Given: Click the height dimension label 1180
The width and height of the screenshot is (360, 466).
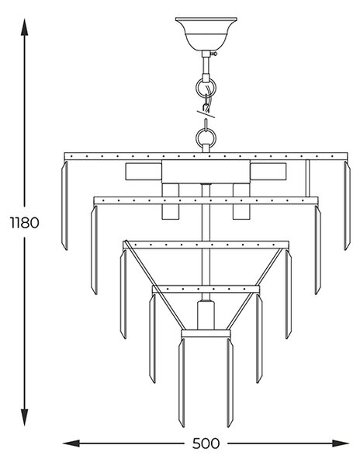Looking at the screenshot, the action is click(x=24, y=223).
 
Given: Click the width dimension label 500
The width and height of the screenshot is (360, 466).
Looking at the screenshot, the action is click(x=206, y=443).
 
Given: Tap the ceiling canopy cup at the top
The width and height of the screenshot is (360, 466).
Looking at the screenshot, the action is click(x=206, y=34).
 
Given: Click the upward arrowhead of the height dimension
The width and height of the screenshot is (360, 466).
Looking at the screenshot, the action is click(x=24, y=27).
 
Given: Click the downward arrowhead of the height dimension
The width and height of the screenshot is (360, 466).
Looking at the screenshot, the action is click(x=24, y=417).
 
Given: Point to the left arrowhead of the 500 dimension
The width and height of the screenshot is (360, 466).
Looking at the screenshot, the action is click(x=71, y=443).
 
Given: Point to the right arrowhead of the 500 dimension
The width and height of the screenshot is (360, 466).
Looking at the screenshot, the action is click(x=341, y=443).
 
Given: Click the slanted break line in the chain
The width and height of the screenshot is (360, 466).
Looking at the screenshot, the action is click(x=206, y=114).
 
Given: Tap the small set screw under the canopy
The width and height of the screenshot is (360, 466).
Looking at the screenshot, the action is click(x=214, y=54).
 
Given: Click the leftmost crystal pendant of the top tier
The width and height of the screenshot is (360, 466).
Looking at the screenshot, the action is click(x=64, y=206).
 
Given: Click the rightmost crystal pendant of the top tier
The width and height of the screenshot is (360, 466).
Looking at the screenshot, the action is click(x=348, y=206).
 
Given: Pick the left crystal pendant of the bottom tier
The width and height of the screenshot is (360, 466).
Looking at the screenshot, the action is click(x=182, y=383).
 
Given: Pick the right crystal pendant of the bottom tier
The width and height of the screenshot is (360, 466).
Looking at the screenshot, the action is click(x=230, y=383).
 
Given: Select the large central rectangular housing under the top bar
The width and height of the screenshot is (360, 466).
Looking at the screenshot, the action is click(x=206, y=172).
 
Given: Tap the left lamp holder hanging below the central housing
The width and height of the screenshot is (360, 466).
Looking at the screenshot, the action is click(x=171, y=201).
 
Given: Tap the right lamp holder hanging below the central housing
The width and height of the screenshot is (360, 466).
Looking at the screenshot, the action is click(x=241, y=201).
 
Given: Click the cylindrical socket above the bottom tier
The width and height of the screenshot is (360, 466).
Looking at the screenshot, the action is click(x=206, y=315).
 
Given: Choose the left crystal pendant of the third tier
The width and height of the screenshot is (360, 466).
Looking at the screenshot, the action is click(x=123, y=294).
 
